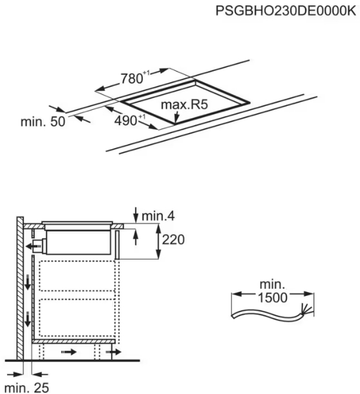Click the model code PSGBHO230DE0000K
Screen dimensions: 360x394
[286, 11]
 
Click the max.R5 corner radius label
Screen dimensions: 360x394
[184, 105]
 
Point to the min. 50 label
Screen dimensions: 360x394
[43, 121]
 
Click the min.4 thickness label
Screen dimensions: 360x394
[158, 216]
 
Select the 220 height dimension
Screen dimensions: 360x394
[173, 240]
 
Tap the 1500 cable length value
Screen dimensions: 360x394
[273, 298]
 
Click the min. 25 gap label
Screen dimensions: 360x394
[27, 388]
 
